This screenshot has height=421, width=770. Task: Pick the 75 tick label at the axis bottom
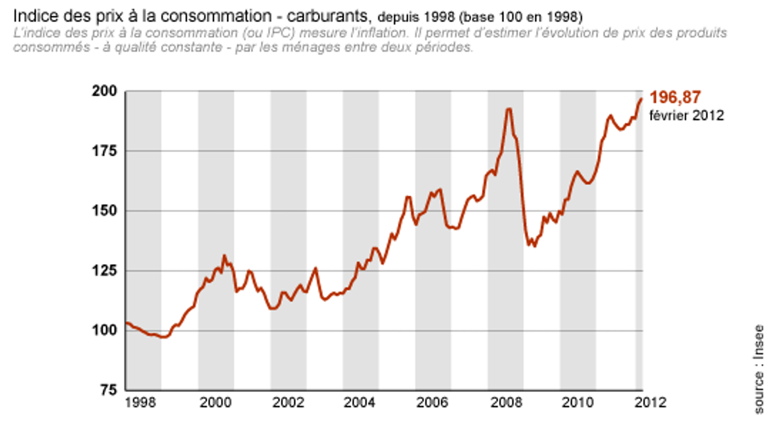[108, 390]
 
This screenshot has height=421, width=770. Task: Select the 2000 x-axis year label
[216, 403]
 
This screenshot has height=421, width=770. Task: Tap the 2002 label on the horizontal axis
[288, 403]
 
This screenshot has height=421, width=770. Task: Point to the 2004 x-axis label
[361, 403]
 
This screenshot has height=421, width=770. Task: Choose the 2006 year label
[433, 403]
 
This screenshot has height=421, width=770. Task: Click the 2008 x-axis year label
[505, 403]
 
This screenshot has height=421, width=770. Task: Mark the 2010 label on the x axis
[577, 403]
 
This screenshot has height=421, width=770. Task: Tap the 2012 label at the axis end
[649, 403]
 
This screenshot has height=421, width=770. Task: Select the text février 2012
[687, 115]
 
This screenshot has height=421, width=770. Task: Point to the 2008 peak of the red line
[509, 109]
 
